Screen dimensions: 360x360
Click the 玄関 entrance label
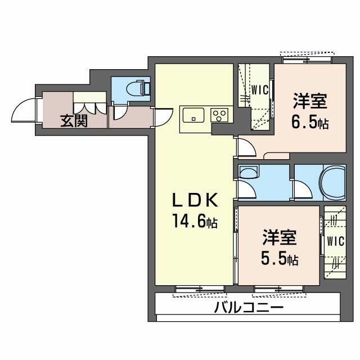point(74,121)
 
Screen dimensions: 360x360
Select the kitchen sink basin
point(193,115)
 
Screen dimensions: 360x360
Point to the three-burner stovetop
point(219,115)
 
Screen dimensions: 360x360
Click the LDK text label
point(195,200)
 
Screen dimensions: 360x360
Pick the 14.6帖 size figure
point(195,221)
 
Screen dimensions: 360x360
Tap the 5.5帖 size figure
point(280,259)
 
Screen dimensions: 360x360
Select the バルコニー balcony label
point(249,308)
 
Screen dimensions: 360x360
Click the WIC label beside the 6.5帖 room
point(260,90)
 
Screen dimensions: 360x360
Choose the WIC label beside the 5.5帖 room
point(336,241)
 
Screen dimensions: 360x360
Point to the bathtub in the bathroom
point(333,183)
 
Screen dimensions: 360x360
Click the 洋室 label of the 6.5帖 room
point(310,101)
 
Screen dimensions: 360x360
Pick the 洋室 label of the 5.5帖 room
point(280,238)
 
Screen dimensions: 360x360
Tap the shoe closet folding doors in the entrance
point(90,109)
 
